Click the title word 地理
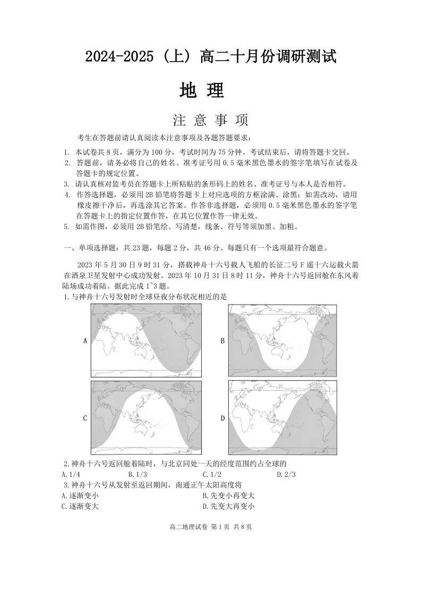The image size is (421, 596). (x=202, y=90)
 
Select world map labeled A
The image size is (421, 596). (x=146, y=340)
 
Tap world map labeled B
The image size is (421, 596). (x=282, y=340)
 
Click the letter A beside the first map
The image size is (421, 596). (x=85, y=341)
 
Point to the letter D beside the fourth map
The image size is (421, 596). (x=223, y=418)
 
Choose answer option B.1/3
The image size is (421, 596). (x=138, y=474)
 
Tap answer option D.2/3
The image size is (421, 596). (x=286, y=474)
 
